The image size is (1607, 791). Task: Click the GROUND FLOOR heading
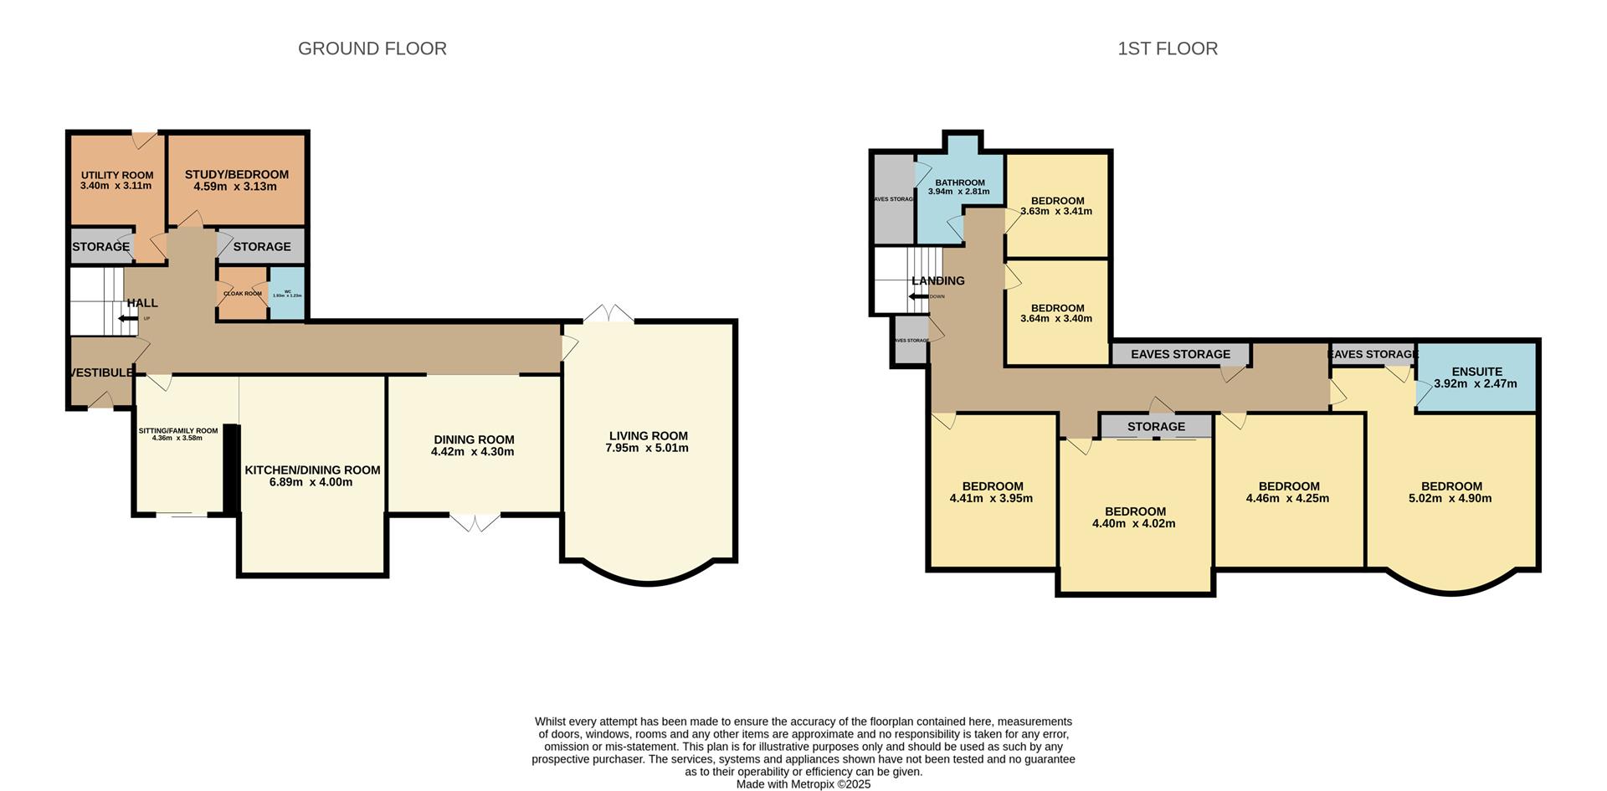(x=372, y=49)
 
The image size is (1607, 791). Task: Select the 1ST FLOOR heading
(x=1167, y=49)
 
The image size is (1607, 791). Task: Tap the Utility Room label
(x=117, y=175)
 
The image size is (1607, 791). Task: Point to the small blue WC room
(x=287, y=294)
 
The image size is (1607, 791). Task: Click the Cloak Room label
(x=242, y=294)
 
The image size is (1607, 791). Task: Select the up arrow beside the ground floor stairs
(x=127, y=318)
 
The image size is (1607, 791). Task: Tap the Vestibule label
(x=100, y=372)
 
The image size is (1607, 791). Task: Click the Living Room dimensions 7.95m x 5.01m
(x=648, y=449)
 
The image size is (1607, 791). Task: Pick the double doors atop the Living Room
(x=608, y=314)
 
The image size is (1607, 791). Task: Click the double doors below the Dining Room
(x=475, y=523)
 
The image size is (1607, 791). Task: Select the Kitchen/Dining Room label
(x=312, y=470)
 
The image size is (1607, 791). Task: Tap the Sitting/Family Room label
(x=177, y=431)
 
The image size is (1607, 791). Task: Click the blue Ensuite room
(x=1476, y=378)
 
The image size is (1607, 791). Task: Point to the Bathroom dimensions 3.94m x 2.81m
(x=958, y=192)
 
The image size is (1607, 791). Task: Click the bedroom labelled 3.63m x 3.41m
(x=1057, y=206)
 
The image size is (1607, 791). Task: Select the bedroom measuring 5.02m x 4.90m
(x=1450, y=492)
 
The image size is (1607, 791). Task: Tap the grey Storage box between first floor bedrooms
(x=1155, y=427)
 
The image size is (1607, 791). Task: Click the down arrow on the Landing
(x=918, y=296)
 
